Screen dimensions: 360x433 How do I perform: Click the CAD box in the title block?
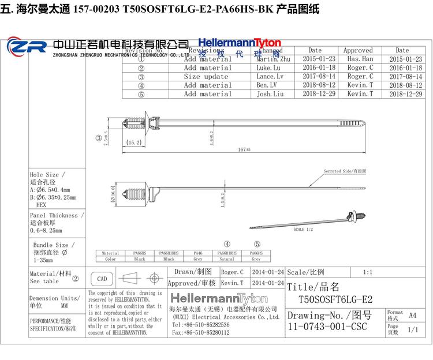pos(102,279)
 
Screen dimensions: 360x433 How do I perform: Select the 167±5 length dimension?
pos(243,149)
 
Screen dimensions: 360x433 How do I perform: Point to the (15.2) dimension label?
pos(134,142)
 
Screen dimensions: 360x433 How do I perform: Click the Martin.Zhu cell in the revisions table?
pos(268,59)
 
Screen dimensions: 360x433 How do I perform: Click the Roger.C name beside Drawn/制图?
pos(232,272)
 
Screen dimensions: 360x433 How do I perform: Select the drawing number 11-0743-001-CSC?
pos(328,327)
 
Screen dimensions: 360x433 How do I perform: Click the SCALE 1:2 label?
pos(303,230)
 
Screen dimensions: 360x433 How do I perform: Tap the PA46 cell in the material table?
pos(197,253)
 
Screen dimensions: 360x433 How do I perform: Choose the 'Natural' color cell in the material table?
pos(227,259)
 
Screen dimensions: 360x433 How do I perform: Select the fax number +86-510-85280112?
pos(200,332)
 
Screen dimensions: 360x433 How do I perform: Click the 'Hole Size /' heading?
pos(47,174)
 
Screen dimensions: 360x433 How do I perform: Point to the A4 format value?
pos(412,315)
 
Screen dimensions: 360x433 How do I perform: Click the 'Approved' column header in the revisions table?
pos(358,51)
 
